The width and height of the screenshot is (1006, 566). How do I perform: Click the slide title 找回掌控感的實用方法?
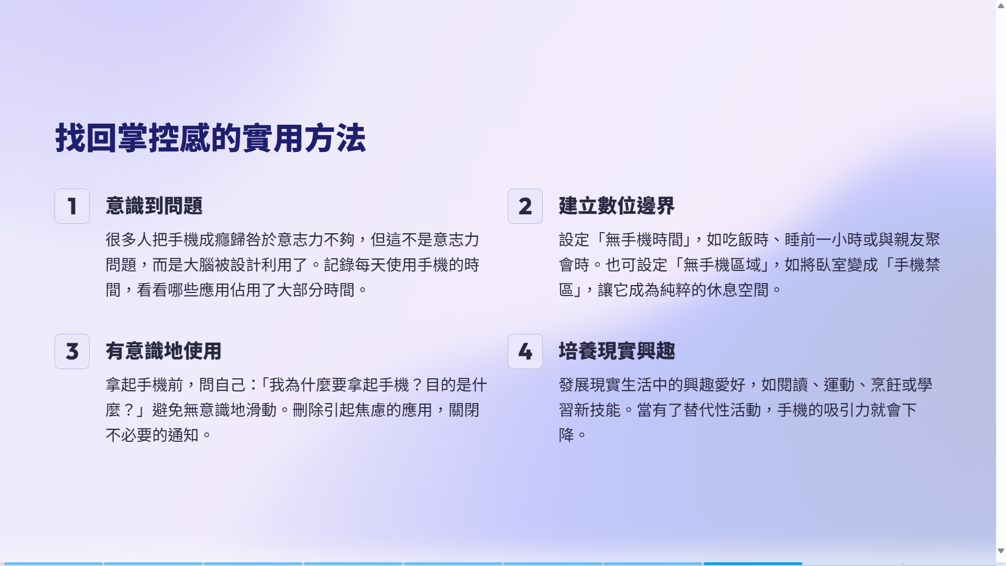[211, 138]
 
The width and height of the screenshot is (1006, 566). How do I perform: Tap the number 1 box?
[72, 206]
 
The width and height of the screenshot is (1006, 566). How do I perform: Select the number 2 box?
[525, 206]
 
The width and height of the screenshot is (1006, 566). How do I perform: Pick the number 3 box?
[72, 352]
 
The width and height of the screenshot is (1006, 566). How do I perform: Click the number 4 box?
[525, 352]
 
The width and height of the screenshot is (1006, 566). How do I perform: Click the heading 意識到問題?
[154, 206]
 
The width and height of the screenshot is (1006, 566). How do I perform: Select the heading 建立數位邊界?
[617, 206]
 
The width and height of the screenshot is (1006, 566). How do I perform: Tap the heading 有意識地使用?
[163, 351]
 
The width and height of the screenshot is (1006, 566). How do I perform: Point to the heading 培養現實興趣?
[617, 351]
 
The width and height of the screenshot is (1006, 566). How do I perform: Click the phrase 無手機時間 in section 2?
[644, 240]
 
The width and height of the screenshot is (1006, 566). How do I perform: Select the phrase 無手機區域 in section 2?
[722, 265]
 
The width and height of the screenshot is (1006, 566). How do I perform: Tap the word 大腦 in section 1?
[199, 265]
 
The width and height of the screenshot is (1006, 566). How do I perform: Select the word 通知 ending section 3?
[183, 436]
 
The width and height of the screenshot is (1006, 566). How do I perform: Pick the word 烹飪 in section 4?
[886, 385]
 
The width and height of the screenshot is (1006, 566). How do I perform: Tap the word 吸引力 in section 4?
[847, 410]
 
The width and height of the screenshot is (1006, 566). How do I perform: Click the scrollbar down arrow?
[1001, 551]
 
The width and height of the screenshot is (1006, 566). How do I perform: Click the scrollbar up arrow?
[1001, 6]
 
